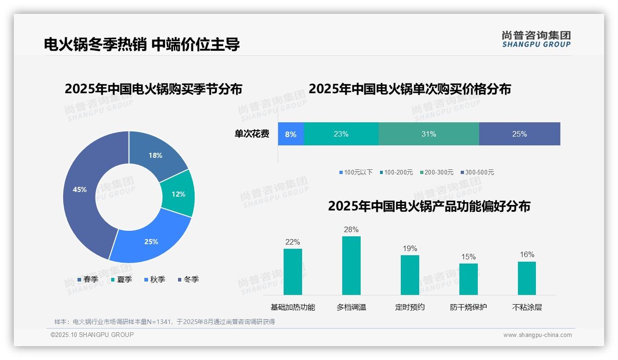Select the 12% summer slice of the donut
178,194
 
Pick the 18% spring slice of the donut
156,156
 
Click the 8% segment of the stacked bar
291,134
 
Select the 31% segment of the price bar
428,134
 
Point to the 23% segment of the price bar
341,134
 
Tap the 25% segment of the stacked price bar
519,134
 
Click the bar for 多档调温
351,265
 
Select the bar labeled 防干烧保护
468,279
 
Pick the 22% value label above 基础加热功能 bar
292,242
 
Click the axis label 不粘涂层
527,307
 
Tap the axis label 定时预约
410,307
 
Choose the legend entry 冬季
191,279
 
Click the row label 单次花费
252,134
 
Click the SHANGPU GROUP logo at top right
536,39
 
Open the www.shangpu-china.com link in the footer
537,335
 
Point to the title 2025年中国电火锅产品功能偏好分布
429,206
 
